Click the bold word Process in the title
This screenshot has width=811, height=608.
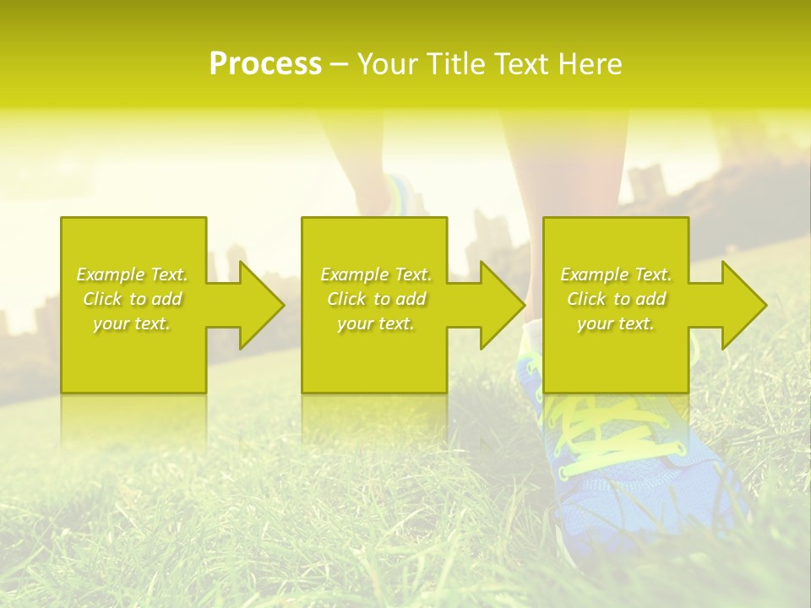click(x=265, y=64)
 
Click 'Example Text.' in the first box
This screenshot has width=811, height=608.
click(x=132, y=274)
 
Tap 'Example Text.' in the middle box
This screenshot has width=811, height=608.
click(x=376, y=274)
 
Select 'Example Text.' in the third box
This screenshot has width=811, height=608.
click(x=616, y=274)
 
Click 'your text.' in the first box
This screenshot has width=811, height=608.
click(x=132, y=323)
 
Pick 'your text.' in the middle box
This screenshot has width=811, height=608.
click(x=376, y=323)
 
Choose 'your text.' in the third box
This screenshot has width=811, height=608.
click(x=616, y=323)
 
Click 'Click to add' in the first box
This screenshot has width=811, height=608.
click(x=132, y=299)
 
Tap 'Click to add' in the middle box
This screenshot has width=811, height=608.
click(x=376, y=299)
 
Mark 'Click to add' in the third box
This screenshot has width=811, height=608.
click(x=616, y=299)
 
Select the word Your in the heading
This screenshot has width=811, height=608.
click(x=387, y=64)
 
